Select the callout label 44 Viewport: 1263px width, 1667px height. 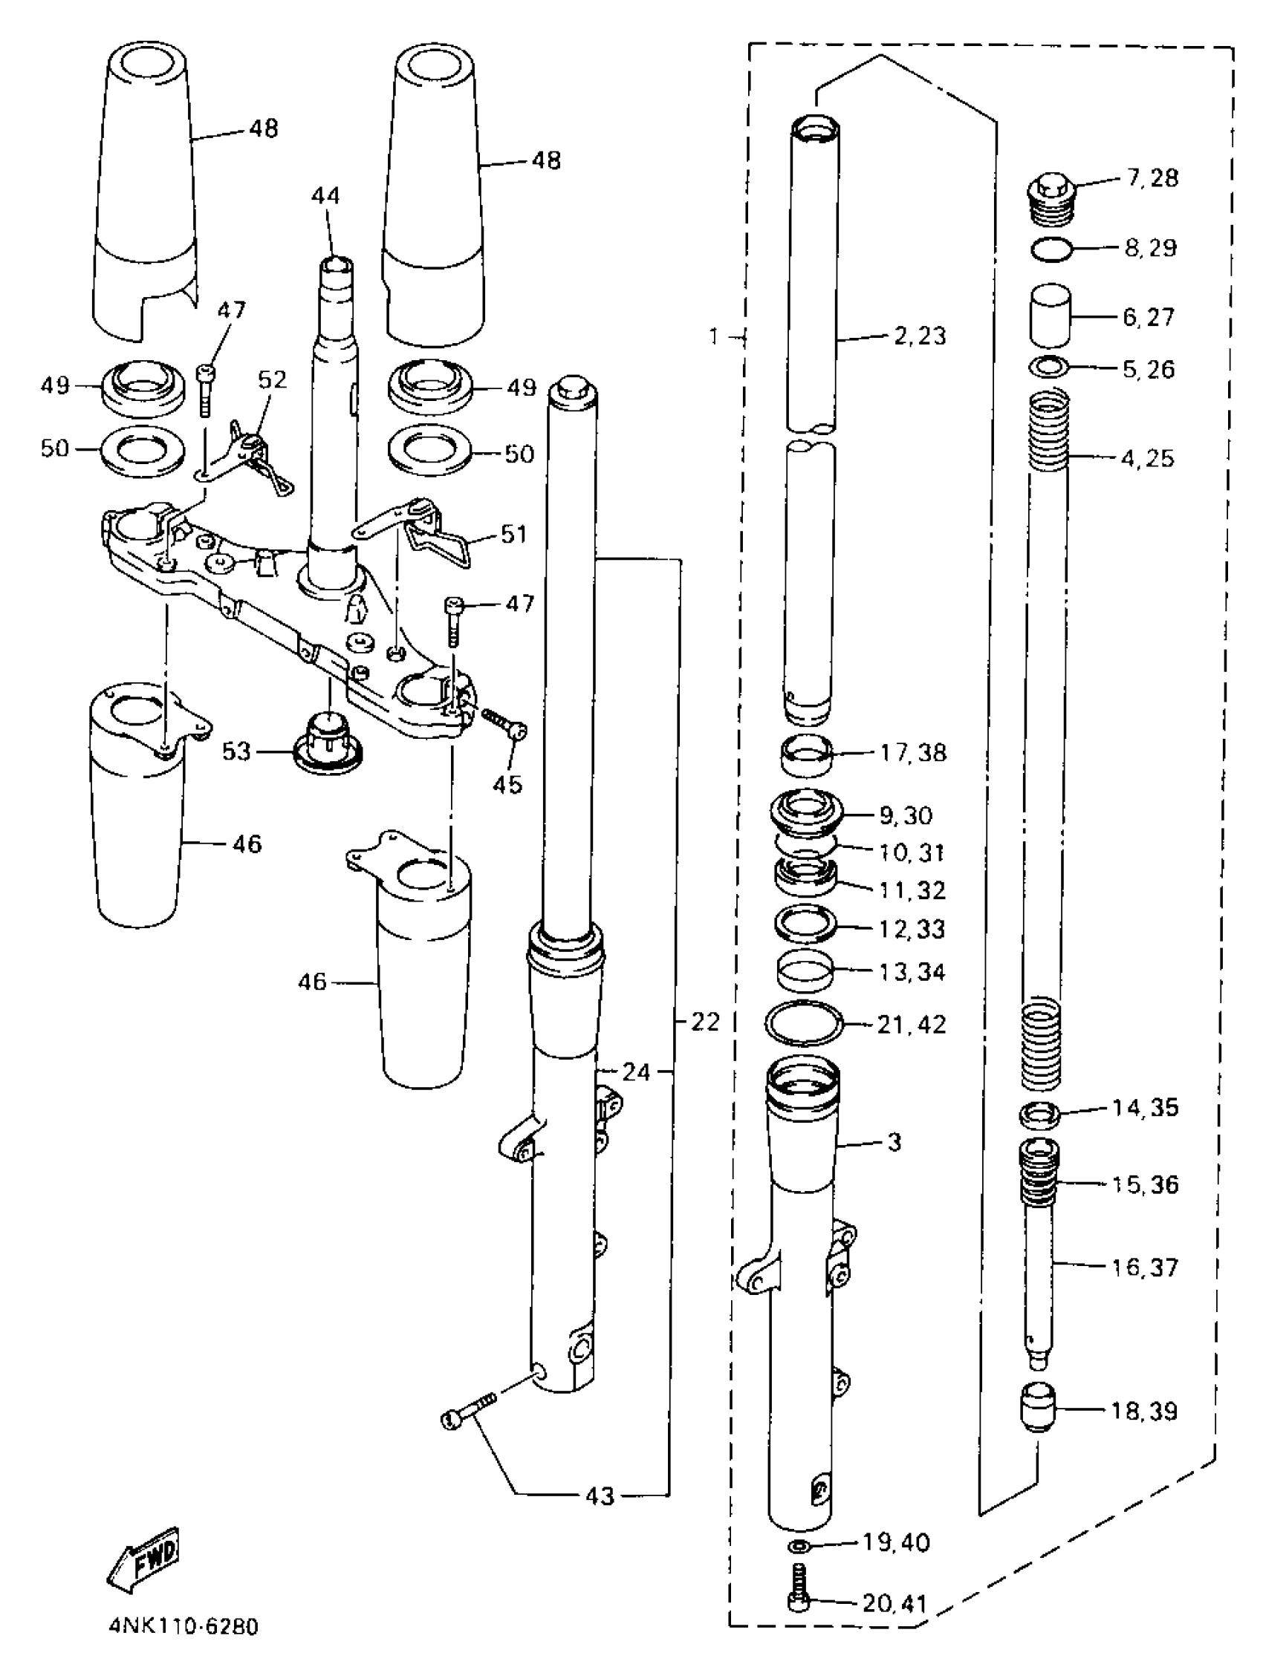pos(325,196)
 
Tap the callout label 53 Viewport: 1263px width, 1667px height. pos(236,751)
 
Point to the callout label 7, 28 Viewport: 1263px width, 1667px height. pos(1152,179)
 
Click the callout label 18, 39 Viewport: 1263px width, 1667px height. pos(1144,1411)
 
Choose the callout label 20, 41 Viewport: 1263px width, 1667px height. pos(894,1602)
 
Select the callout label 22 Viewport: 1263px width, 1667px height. pos(705,1022)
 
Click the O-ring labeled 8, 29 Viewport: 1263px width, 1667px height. pos(1051,249)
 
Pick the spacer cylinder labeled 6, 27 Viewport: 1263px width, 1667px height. pos(1051,315)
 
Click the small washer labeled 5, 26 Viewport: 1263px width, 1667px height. pos(1050,367)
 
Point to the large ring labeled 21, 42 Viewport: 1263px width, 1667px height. pos(804,1023)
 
